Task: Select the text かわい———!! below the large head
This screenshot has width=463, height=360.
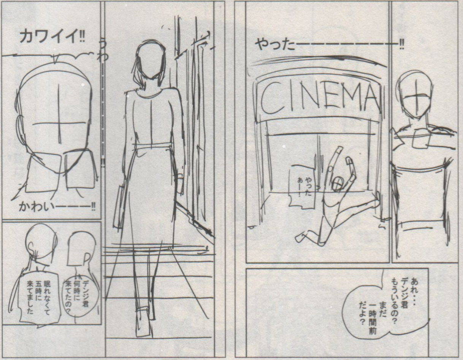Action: click(57, 207)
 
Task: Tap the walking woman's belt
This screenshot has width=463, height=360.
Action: click(152, 147)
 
